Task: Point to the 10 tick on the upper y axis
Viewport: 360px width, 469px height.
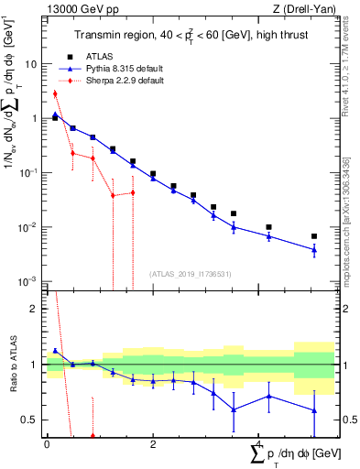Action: pos(34,65)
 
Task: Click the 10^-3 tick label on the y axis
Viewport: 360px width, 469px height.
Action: pos(30,281)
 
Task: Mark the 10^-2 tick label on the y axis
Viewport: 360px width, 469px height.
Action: pos(30,227)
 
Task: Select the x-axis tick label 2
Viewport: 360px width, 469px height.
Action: pos(152,444)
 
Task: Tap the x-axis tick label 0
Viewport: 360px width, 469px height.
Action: pos(47,444)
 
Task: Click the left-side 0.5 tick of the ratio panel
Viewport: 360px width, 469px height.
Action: pos(32,420)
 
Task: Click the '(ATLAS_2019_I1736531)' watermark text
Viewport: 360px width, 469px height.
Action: pos(189,273)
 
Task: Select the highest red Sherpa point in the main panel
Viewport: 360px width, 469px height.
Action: pos(55,93)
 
